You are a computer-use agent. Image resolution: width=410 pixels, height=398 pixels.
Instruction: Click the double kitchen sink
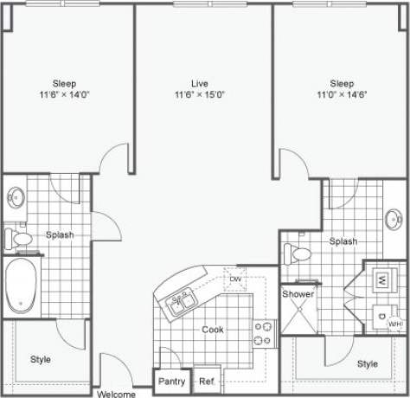[x=183, y=303]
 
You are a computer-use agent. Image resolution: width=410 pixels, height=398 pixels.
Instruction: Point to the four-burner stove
[x=263, y=333]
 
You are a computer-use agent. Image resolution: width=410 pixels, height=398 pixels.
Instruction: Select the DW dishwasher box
[x=234, y=279]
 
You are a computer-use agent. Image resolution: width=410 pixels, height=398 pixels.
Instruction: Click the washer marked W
[x=381, y=279]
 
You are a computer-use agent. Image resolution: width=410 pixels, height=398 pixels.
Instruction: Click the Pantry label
[x=171, y=381]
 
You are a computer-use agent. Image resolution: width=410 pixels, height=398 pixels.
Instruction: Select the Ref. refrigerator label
[x=207, y=381]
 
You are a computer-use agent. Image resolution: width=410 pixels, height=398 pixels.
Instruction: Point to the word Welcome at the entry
[x=116, y=394]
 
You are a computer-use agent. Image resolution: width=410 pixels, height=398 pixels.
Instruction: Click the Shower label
[x=298, y=294]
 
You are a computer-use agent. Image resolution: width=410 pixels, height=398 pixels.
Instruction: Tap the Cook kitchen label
[x=213, y=330]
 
